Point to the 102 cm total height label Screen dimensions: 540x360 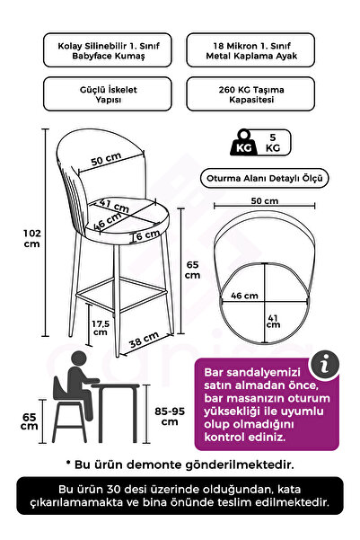[30, 237]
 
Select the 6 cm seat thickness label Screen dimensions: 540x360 [141, 235]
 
